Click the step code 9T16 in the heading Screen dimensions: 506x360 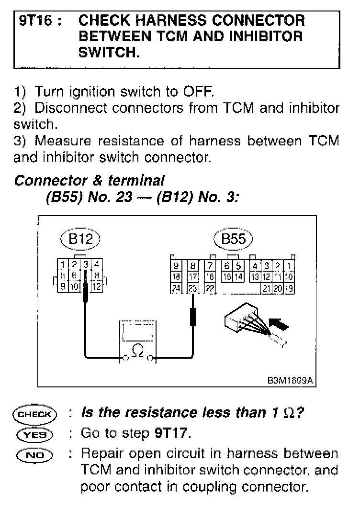[35, 21]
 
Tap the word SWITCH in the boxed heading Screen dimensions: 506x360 [109, 52]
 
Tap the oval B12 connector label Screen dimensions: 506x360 [80, 240]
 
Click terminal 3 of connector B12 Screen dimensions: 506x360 [86, 264]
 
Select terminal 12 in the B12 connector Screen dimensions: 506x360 [96, 287]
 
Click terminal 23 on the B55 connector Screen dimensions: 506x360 [193, 288]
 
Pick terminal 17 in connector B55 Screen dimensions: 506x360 [193, 277]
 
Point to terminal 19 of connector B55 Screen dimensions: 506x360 [290, 288]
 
